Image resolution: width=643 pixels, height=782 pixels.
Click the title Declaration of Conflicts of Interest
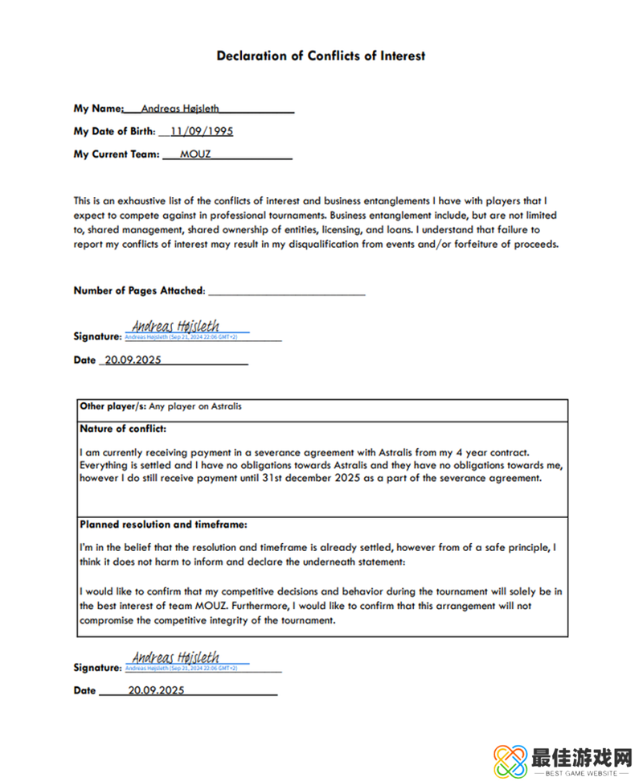(x=321, y=56)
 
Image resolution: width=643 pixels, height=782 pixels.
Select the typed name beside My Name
(x=180, y=109)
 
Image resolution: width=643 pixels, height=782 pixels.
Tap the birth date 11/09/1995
(x=202, y=131)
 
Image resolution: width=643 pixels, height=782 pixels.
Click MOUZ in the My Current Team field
(x=195, y=154)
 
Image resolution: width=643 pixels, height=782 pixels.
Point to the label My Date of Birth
(x=114, y=132)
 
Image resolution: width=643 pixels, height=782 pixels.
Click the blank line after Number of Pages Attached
(x=286, y=290)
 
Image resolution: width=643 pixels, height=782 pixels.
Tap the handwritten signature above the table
(x=175, y=326)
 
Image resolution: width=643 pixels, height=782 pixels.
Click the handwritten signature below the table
(x=175, y=657)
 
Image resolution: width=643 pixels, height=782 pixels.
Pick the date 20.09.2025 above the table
(x=132, y=360)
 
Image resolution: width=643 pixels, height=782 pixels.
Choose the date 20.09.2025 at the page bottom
(x=156, y=690)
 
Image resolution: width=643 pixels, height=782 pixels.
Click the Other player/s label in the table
(x=113, y=406)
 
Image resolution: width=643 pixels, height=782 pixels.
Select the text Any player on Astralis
(x=195, y=406)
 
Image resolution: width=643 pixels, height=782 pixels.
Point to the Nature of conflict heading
(x=123, y=428)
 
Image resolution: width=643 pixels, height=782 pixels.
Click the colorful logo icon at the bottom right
(x=510, y=759)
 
